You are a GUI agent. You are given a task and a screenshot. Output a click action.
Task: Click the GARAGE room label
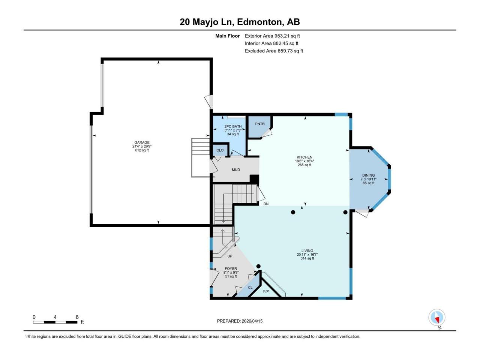coord(142,142)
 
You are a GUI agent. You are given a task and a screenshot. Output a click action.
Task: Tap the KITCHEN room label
coord(304,157)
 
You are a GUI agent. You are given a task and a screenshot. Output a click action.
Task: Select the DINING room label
coord(368,175)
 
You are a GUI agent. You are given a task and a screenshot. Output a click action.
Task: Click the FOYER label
coord(231,269)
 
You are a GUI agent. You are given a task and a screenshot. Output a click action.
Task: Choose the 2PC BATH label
coord(233,127)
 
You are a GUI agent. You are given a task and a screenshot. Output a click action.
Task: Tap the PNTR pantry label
coord(260,124)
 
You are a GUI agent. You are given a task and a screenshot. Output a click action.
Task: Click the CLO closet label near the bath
coord(220,150)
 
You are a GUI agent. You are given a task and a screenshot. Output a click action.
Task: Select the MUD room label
coord(236,170)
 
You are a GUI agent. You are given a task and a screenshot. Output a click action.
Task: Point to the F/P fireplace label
coord(266,291)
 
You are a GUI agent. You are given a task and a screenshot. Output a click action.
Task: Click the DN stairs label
coord(266,204)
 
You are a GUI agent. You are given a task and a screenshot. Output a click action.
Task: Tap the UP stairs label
coord(230,256)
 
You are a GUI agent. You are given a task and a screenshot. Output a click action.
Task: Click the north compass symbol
coord(437,318)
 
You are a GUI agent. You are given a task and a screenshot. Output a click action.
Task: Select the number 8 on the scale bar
coord(77,317)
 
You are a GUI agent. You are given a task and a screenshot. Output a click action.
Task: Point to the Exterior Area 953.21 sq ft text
coord(272,36)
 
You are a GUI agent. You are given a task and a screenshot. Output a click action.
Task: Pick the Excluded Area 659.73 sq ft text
coord(274,51)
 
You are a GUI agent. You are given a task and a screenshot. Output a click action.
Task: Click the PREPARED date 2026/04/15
coord(240,321)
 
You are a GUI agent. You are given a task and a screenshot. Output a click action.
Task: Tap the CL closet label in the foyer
coord(250,288)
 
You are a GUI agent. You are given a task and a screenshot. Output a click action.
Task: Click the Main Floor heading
coord(227,36)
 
